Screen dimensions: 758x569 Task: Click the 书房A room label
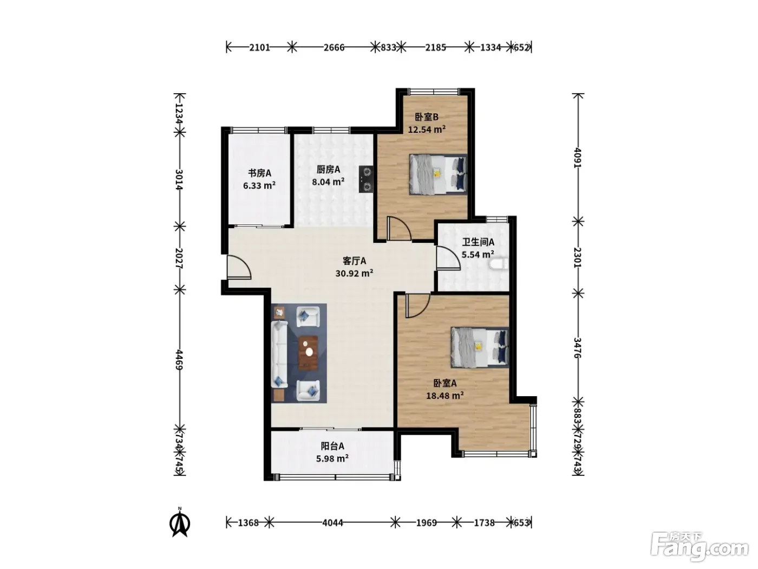(x=259, y=173)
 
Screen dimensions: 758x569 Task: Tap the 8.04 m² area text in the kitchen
(x=328, y=182)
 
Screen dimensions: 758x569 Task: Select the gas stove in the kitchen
(x=366, y=179)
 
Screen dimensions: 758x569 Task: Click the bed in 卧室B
(x=438, y=174)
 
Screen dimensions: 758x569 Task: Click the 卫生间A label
(x=478, y=242)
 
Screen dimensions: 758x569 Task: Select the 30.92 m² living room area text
(x=354, y=273)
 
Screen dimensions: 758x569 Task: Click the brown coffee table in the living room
(x=308, y=353)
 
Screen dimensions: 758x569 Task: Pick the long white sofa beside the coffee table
(x=279, y=354)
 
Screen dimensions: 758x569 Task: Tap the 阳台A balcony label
(x=332, y=446)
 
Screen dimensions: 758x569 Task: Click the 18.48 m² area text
(x=445, y=396)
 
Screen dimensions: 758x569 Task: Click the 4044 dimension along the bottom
(x=332, y=523)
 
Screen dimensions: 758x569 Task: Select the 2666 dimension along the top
(x=334, y=47)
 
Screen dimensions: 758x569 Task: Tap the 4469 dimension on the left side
(x=179, y=360)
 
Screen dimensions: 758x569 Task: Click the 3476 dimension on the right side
(x=577, y=347)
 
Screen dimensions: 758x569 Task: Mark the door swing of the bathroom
(x=448, y=258)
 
